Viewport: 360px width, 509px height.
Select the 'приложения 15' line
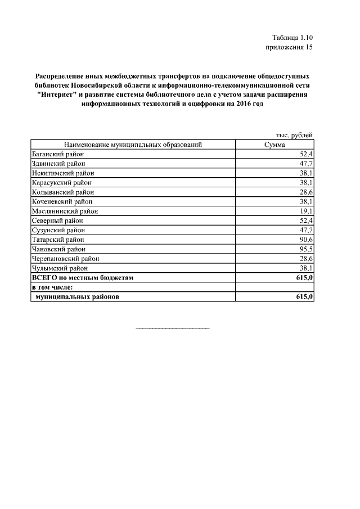(x=288, y=47)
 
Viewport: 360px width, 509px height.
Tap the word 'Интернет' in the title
(x=59, y=95)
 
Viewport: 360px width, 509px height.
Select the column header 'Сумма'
(x=275, y=145)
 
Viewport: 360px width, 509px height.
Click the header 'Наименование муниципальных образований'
(x=133, y=145)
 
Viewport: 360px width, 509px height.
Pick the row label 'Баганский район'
(x=57, y=154)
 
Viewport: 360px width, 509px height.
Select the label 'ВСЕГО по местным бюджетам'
(x=83, y=278)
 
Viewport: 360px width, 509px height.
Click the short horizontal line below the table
(x=173, y=328)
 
